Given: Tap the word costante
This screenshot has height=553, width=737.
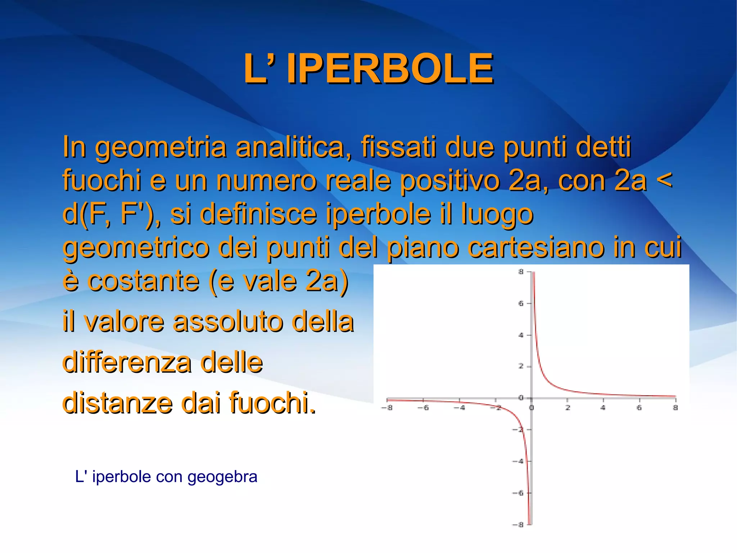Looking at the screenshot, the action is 143,281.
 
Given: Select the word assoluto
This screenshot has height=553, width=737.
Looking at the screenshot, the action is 228,321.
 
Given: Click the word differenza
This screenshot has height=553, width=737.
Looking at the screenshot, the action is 127,362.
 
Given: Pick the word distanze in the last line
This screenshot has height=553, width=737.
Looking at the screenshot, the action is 118,402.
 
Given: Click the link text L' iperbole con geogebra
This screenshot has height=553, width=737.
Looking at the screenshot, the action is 166,477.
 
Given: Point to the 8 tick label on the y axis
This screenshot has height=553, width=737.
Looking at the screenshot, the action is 521,272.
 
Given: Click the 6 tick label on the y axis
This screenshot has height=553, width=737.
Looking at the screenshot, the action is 521,303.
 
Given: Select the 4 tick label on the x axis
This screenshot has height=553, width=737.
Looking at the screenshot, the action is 603,408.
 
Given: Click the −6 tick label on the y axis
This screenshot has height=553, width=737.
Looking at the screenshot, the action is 518,493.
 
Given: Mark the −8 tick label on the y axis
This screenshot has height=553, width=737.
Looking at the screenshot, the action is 518,525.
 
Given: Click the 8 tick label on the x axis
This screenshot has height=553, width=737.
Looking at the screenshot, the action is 675,408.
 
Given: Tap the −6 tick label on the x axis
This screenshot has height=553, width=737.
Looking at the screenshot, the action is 423,408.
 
